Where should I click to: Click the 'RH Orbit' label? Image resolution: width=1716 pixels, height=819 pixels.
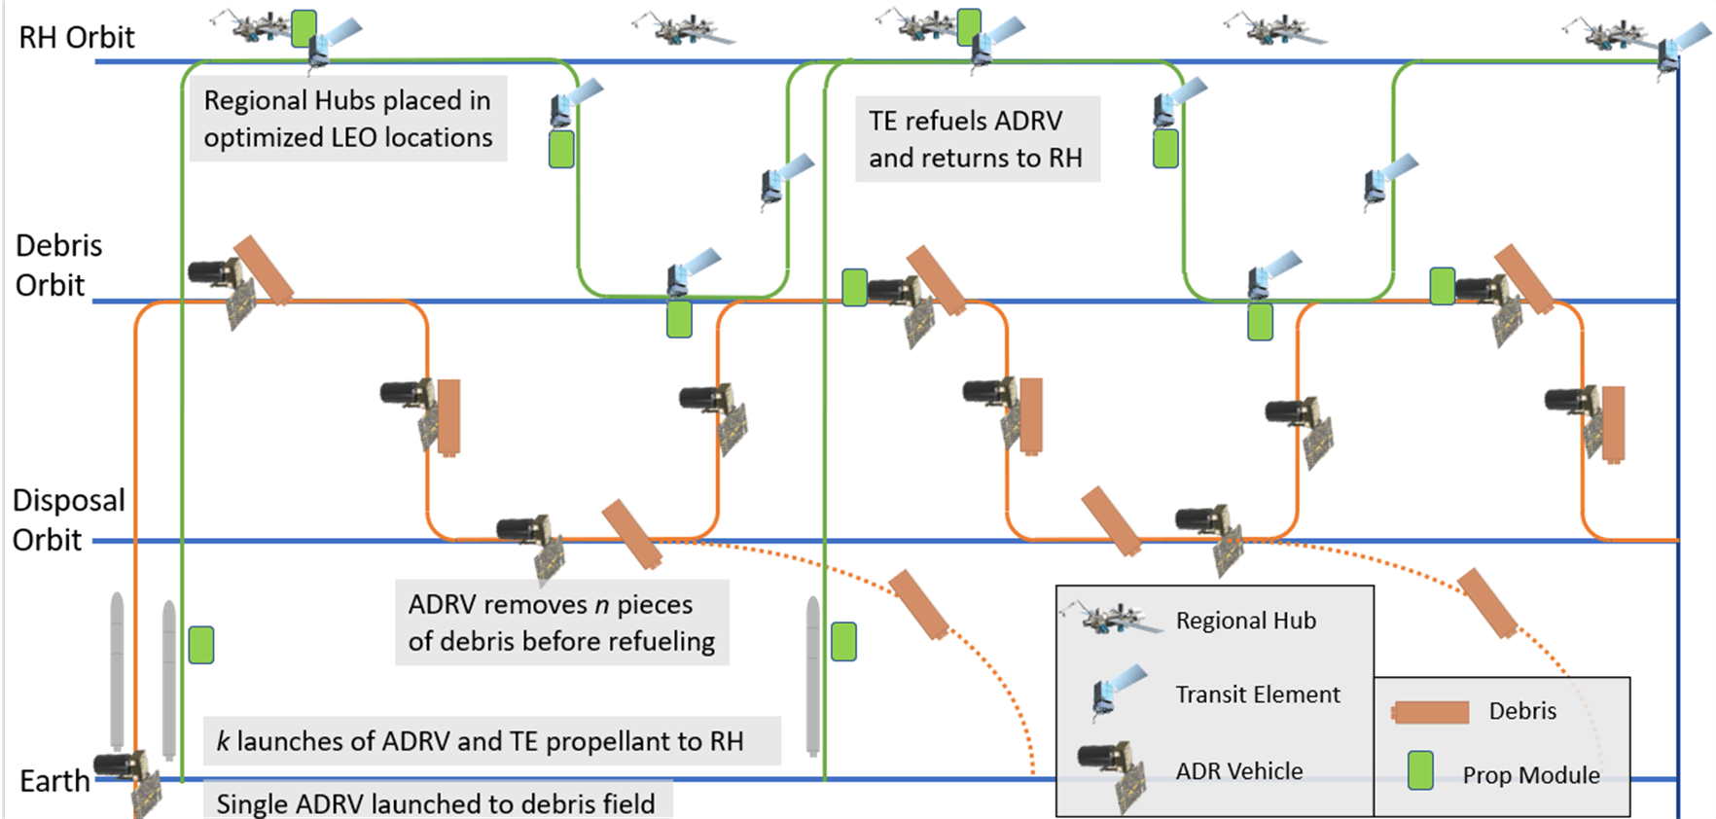[x=77, y=38]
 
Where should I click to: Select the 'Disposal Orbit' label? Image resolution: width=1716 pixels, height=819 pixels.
[x=67, y=519]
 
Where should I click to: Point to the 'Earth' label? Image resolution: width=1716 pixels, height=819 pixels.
[x=54, y=781]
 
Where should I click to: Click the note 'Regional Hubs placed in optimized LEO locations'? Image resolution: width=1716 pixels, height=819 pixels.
[x=348, y=119]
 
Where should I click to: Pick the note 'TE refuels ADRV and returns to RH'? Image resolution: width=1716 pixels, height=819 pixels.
[x=976, y=139]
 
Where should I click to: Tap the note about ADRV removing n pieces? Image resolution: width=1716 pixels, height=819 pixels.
[x=561, y=623]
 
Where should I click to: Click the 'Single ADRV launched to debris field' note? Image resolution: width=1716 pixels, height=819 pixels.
[x=436, y=803]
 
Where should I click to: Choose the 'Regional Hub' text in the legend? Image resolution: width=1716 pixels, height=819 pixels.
[x=1245, y=621]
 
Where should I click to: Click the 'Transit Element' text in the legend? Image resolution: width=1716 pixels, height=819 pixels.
[x=1257, y=694]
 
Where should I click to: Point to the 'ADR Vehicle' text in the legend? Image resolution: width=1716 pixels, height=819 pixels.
[x=1238, y=771]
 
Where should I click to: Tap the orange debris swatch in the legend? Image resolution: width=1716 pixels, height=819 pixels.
[x=1430, y=712]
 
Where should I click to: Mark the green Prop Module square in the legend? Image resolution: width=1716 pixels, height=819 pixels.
[x=1420, y=770]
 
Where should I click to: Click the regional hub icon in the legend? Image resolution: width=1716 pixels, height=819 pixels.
[x=1113, y=619]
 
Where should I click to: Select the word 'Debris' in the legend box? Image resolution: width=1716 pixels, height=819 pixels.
[x=1522, y=711]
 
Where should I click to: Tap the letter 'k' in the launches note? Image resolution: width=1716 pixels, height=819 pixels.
[x=223, y=741]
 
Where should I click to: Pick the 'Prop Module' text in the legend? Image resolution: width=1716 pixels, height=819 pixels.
[x=1531, y=775]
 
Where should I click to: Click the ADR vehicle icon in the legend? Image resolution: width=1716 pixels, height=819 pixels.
[x=1113, y=771]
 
